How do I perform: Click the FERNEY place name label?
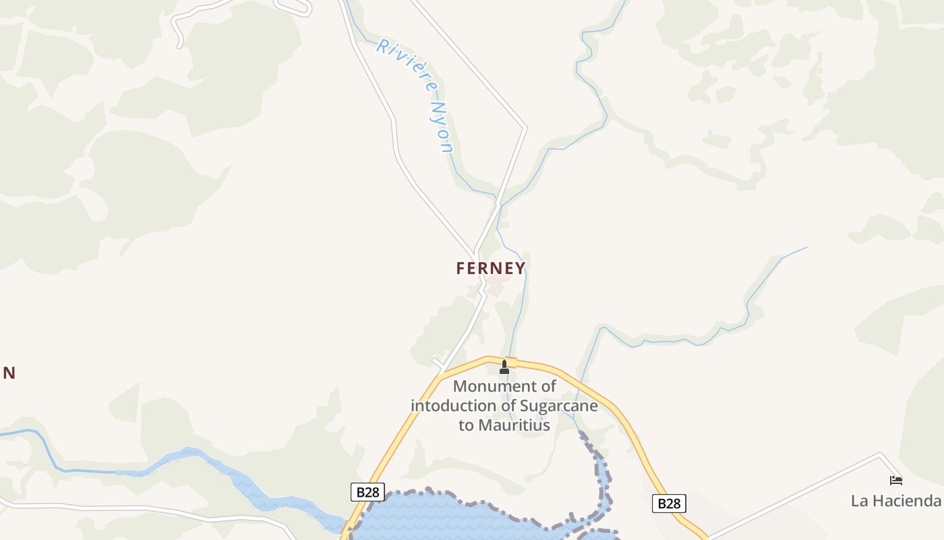click(490, 268)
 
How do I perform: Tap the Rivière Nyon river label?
click(415, 95)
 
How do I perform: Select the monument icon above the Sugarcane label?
click(504, 367)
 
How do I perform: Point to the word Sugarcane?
click(559, 406)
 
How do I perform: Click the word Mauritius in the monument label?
click(514, 425)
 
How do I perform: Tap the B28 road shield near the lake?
click(367, 492)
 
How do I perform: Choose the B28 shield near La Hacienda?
click(669, 504)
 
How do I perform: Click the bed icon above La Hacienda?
click(895, 481)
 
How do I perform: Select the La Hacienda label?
click(895, 501)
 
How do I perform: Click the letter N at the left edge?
click(9, 373)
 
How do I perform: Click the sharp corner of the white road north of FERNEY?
click(525, 127)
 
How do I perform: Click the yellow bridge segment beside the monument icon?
click(511, 362)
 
